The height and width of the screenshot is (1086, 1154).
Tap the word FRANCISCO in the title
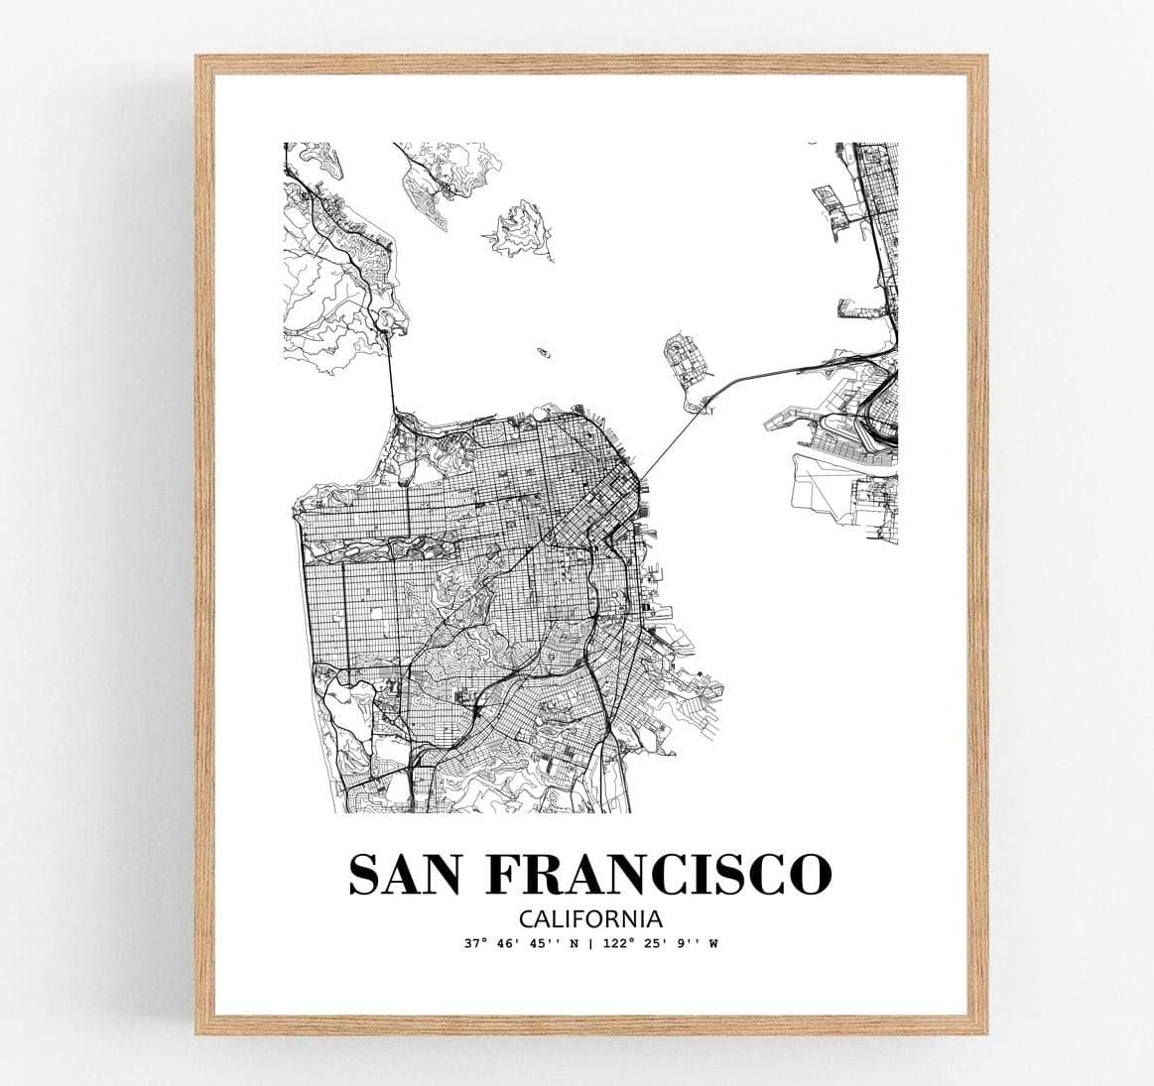(x=659, y=873)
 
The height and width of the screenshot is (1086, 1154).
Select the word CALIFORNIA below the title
(x=588, y=918)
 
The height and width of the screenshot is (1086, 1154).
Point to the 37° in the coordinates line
(x=472, y=943)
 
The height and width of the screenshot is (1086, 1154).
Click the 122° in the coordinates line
(x=621, y=943)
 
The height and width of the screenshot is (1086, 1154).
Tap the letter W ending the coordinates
(x=712, y=943)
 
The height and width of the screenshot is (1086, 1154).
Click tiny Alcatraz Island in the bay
(x=543, y=351)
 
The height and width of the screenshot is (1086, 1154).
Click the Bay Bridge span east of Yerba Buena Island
(x=774, y=372)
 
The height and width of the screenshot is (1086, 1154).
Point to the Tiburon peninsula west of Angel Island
(x=427, y=183)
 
